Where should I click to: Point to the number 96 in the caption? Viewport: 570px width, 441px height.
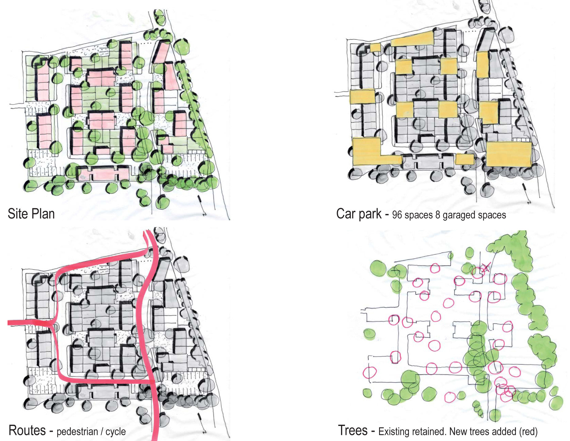(x=397, y=215)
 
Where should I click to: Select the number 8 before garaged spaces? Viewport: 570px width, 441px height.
(x=437, y=215)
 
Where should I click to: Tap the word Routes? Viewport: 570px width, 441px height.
(x=27, y=430)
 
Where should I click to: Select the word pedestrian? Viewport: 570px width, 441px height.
(x=77, y=432)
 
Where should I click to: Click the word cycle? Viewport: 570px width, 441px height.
(x=116, y=432)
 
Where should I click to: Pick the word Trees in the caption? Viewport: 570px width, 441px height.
(x=353, y=430)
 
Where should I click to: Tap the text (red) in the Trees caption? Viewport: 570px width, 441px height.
(x=528, y=431)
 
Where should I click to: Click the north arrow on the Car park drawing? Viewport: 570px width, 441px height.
(x=526, y=194)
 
